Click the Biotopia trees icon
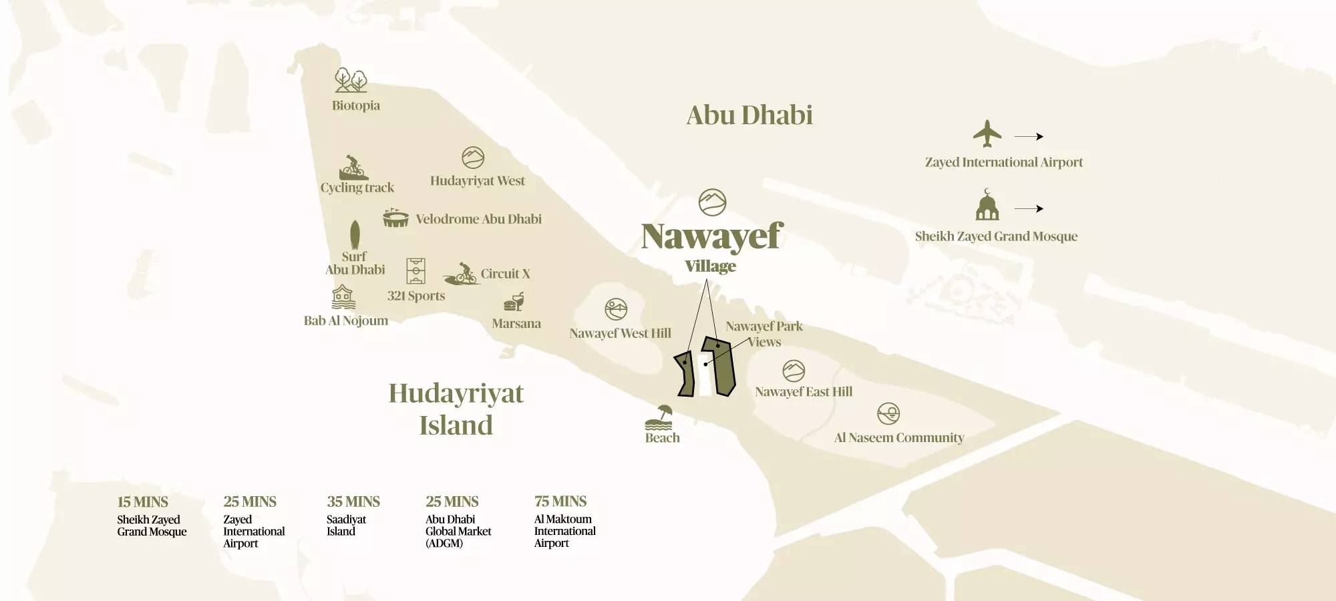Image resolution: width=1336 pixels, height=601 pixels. pos(351,80)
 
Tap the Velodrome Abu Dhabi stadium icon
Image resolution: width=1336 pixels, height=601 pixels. pos(395,218)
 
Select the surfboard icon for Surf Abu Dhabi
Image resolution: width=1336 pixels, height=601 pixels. pos(355,234)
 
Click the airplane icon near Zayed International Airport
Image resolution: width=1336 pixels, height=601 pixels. pos(987,134)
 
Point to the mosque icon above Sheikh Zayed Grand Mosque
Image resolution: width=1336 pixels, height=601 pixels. pos(987,205)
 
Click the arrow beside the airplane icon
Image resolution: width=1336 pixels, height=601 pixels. pos(1029,136)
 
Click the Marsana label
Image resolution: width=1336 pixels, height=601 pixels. pos(516,324)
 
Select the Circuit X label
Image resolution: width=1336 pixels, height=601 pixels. pos(505,274)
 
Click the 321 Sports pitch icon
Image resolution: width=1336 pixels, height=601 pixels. pos(415,271)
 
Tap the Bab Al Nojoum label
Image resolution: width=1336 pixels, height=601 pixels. pos(346,321)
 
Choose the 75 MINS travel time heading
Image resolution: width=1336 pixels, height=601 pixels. pos(560,502)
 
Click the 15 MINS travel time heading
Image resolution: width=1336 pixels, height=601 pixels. pos(143,502)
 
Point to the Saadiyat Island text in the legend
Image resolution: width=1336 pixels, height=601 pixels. pos(346,526)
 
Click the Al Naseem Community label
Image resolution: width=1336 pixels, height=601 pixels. pos(899,438)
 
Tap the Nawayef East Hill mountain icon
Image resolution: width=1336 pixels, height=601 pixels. pos(794,371)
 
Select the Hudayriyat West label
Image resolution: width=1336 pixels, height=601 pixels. pos(478,181)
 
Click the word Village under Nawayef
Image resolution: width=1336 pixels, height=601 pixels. pos(710,266)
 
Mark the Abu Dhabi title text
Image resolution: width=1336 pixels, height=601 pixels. pos(749,116)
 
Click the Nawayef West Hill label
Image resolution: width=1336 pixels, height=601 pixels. pos(620,333)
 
